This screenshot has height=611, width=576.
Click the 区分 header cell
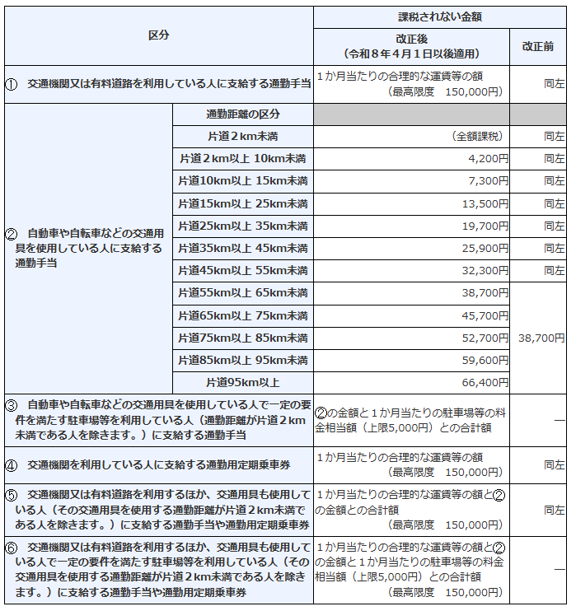(x=158, y=35)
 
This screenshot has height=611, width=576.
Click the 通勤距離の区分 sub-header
(x=243, y=114)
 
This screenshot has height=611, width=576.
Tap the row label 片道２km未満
(x=243, y=136)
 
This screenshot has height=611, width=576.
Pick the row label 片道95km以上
(x=243, y=382)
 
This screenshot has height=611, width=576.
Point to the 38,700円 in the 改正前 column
(x=541, y=338)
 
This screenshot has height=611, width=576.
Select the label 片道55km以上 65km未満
(x=243, y=292)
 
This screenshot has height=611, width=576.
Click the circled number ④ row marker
(x=12, y=465)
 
